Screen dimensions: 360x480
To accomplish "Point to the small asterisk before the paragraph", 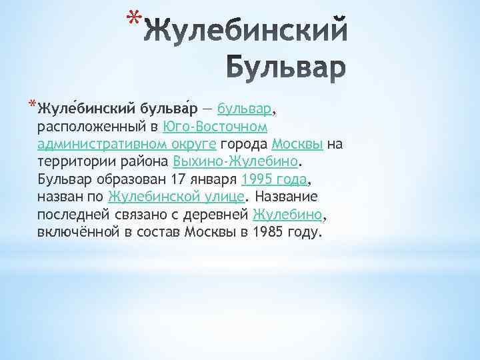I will point(33,104).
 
